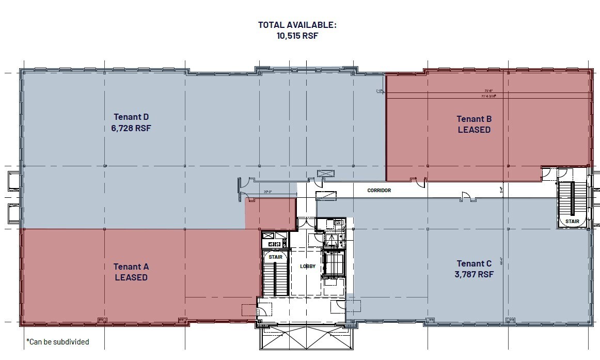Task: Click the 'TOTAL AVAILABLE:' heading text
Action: [297, 24]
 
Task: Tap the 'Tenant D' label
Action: [131, 117]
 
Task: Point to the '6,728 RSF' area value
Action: [131, 128]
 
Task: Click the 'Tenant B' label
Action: [474, 119]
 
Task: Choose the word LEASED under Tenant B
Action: [474, 130]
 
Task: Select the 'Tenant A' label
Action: [131, 267]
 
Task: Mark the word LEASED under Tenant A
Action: [131, 277]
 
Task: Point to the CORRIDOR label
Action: [379, 191]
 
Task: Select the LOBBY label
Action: [308, 267]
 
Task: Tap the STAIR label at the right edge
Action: [572, 222]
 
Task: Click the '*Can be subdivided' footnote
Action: [58, 342]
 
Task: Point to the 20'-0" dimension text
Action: [267, 192]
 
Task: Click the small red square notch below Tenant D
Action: [270, 213]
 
